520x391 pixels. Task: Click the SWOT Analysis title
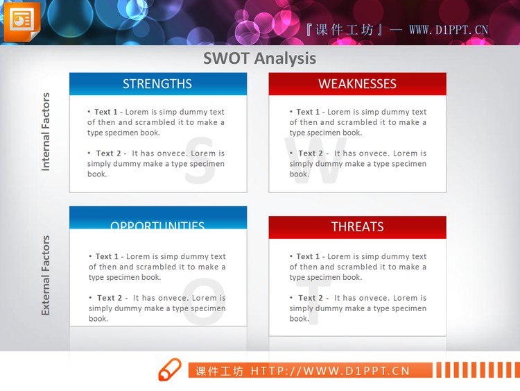pyautogui.click(x=259, y=58)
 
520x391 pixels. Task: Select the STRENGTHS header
pyautogui.click(x=157, y=84)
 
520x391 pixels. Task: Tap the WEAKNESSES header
pyautogui.click(x=357, y=84)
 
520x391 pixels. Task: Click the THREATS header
pyautogui.click(x=357, y=226)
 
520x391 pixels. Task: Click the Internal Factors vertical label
pyautogui.click(x=46, y=131)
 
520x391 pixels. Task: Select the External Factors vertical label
pyautogui.click(x=46, y=275)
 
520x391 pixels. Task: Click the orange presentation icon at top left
pyautogui.click(x=21, y=21)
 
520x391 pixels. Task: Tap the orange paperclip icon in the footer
pyautogui.click(x=169, y=370)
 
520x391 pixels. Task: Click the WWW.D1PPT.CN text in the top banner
pyautogui.click(x=449, y=30)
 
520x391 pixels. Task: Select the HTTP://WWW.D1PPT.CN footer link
pyautogui.click(x=330, y=371)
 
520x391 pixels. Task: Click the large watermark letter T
pyautogui.click(x=312, y=306)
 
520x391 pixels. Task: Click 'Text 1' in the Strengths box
pyautogui.click(x=106, y=112)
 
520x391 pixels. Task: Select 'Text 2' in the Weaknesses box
pyautogui.click(x=311, y=153)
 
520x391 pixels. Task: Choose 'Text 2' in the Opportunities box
pyautogui.click(x=110, y=298)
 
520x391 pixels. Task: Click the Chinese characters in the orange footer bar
pyautogui.click(x=219, y=371)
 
